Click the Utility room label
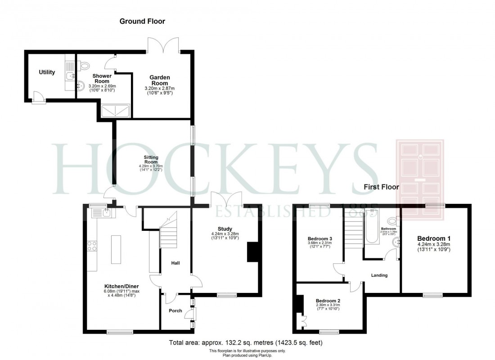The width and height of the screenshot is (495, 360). pos(47,72)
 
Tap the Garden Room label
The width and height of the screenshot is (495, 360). pos(159,80)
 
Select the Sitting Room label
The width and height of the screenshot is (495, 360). pos(151,159)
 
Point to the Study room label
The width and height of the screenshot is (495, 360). pos(225,228)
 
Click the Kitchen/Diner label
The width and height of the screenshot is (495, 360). pos(121,286)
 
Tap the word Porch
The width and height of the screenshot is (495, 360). pos(175,310)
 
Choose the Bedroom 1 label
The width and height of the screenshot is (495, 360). pos(434,238)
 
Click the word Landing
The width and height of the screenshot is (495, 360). pos(379,275)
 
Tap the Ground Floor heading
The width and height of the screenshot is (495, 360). pos(142,21)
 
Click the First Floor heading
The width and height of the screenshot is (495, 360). pos(382,187)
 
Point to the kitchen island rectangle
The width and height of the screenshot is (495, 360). pos(115,249)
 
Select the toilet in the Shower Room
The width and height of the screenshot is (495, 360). pos(84,66)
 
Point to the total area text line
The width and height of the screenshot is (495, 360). pos(246,343)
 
